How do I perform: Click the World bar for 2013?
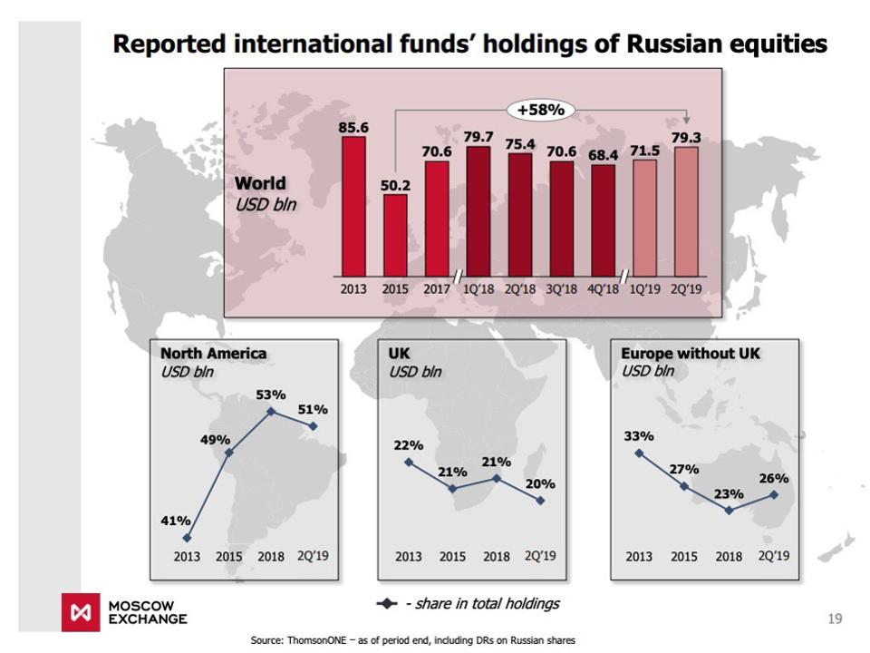click(x=353, y=206)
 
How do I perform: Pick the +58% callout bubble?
click(x=540, y=111)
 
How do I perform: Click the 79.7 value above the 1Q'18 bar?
click(x=478, y=137)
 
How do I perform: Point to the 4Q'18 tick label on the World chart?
click(x=604, y=290)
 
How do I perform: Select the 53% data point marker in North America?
click(x=271, y=412)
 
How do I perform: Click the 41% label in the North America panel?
click(x=176, y=521)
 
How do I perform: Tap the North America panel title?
click(x=214, y=353)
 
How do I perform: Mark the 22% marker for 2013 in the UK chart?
click(x=409, y=462)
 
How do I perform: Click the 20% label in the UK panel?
click(x=540, y=483)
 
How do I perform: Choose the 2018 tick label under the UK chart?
click(x=497, y=556)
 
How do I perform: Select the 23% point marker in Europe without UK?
click(x=730, y=510)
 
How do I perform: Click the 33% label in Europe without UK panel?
click(x=639, y=436)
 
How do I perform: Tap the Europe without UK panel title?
click(x=691, y=353)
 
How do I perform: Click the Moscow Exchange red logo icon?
click(x=79, y=612)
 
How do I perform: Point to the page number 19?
click(x=835, y=619)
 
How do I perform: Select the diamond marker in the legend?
click(x=387, y=604)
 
